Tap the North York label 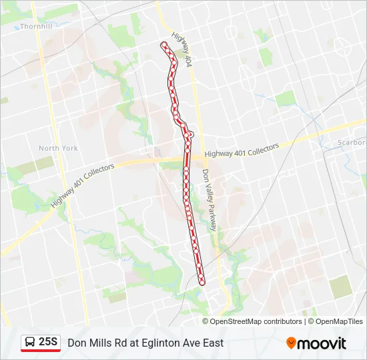[58, 148]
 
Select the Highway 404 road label [181, 50]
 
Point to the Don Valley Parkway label [210, 199]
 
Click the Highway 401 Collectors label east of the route [242, 153]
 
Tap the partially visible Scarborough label [352, 143]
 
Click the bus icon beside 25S [30, 343]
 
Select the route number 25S [49, 343]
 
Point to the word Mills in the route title [100, 343]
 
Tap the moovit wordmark [322, 343]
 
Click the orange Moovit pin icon [291, 343]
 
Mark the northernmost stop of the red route [163, 45]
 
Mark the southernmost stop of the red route [202, 281]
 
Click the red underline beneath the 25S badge [41, 351]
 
